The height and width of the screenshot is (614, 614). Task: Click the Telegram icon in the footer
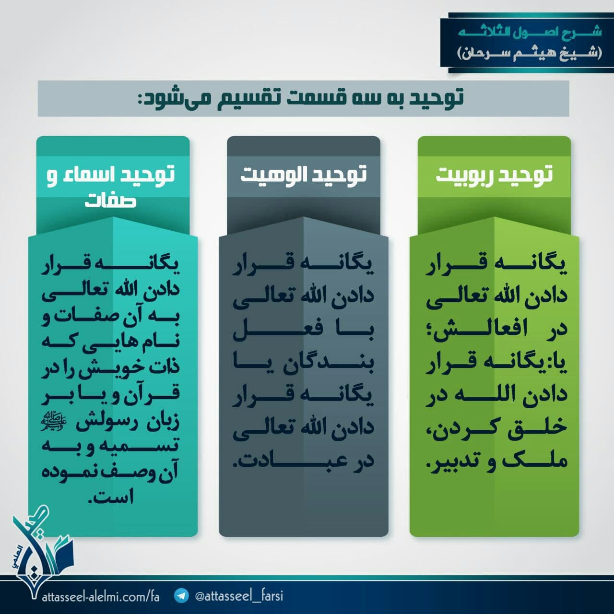coord(182,595)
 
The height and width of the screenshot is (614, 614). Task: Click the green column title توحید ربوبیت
coord(494,175)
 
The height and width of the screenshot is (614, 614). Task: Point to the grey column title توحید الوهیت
coord(303,175)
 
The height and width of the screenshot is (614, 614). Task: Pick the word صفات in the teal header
coord(110,201)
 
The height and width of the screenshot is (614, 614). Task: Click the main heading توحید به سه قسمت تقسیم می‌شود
coord(300,98)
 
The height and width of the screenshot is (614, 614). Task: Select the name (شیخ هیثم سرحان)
coord(530,53)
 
